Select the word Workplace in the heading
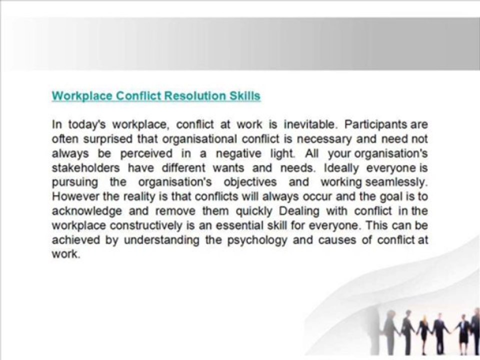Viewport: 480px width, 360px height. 82,95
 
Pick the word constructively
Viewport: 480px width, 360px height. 145,225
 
